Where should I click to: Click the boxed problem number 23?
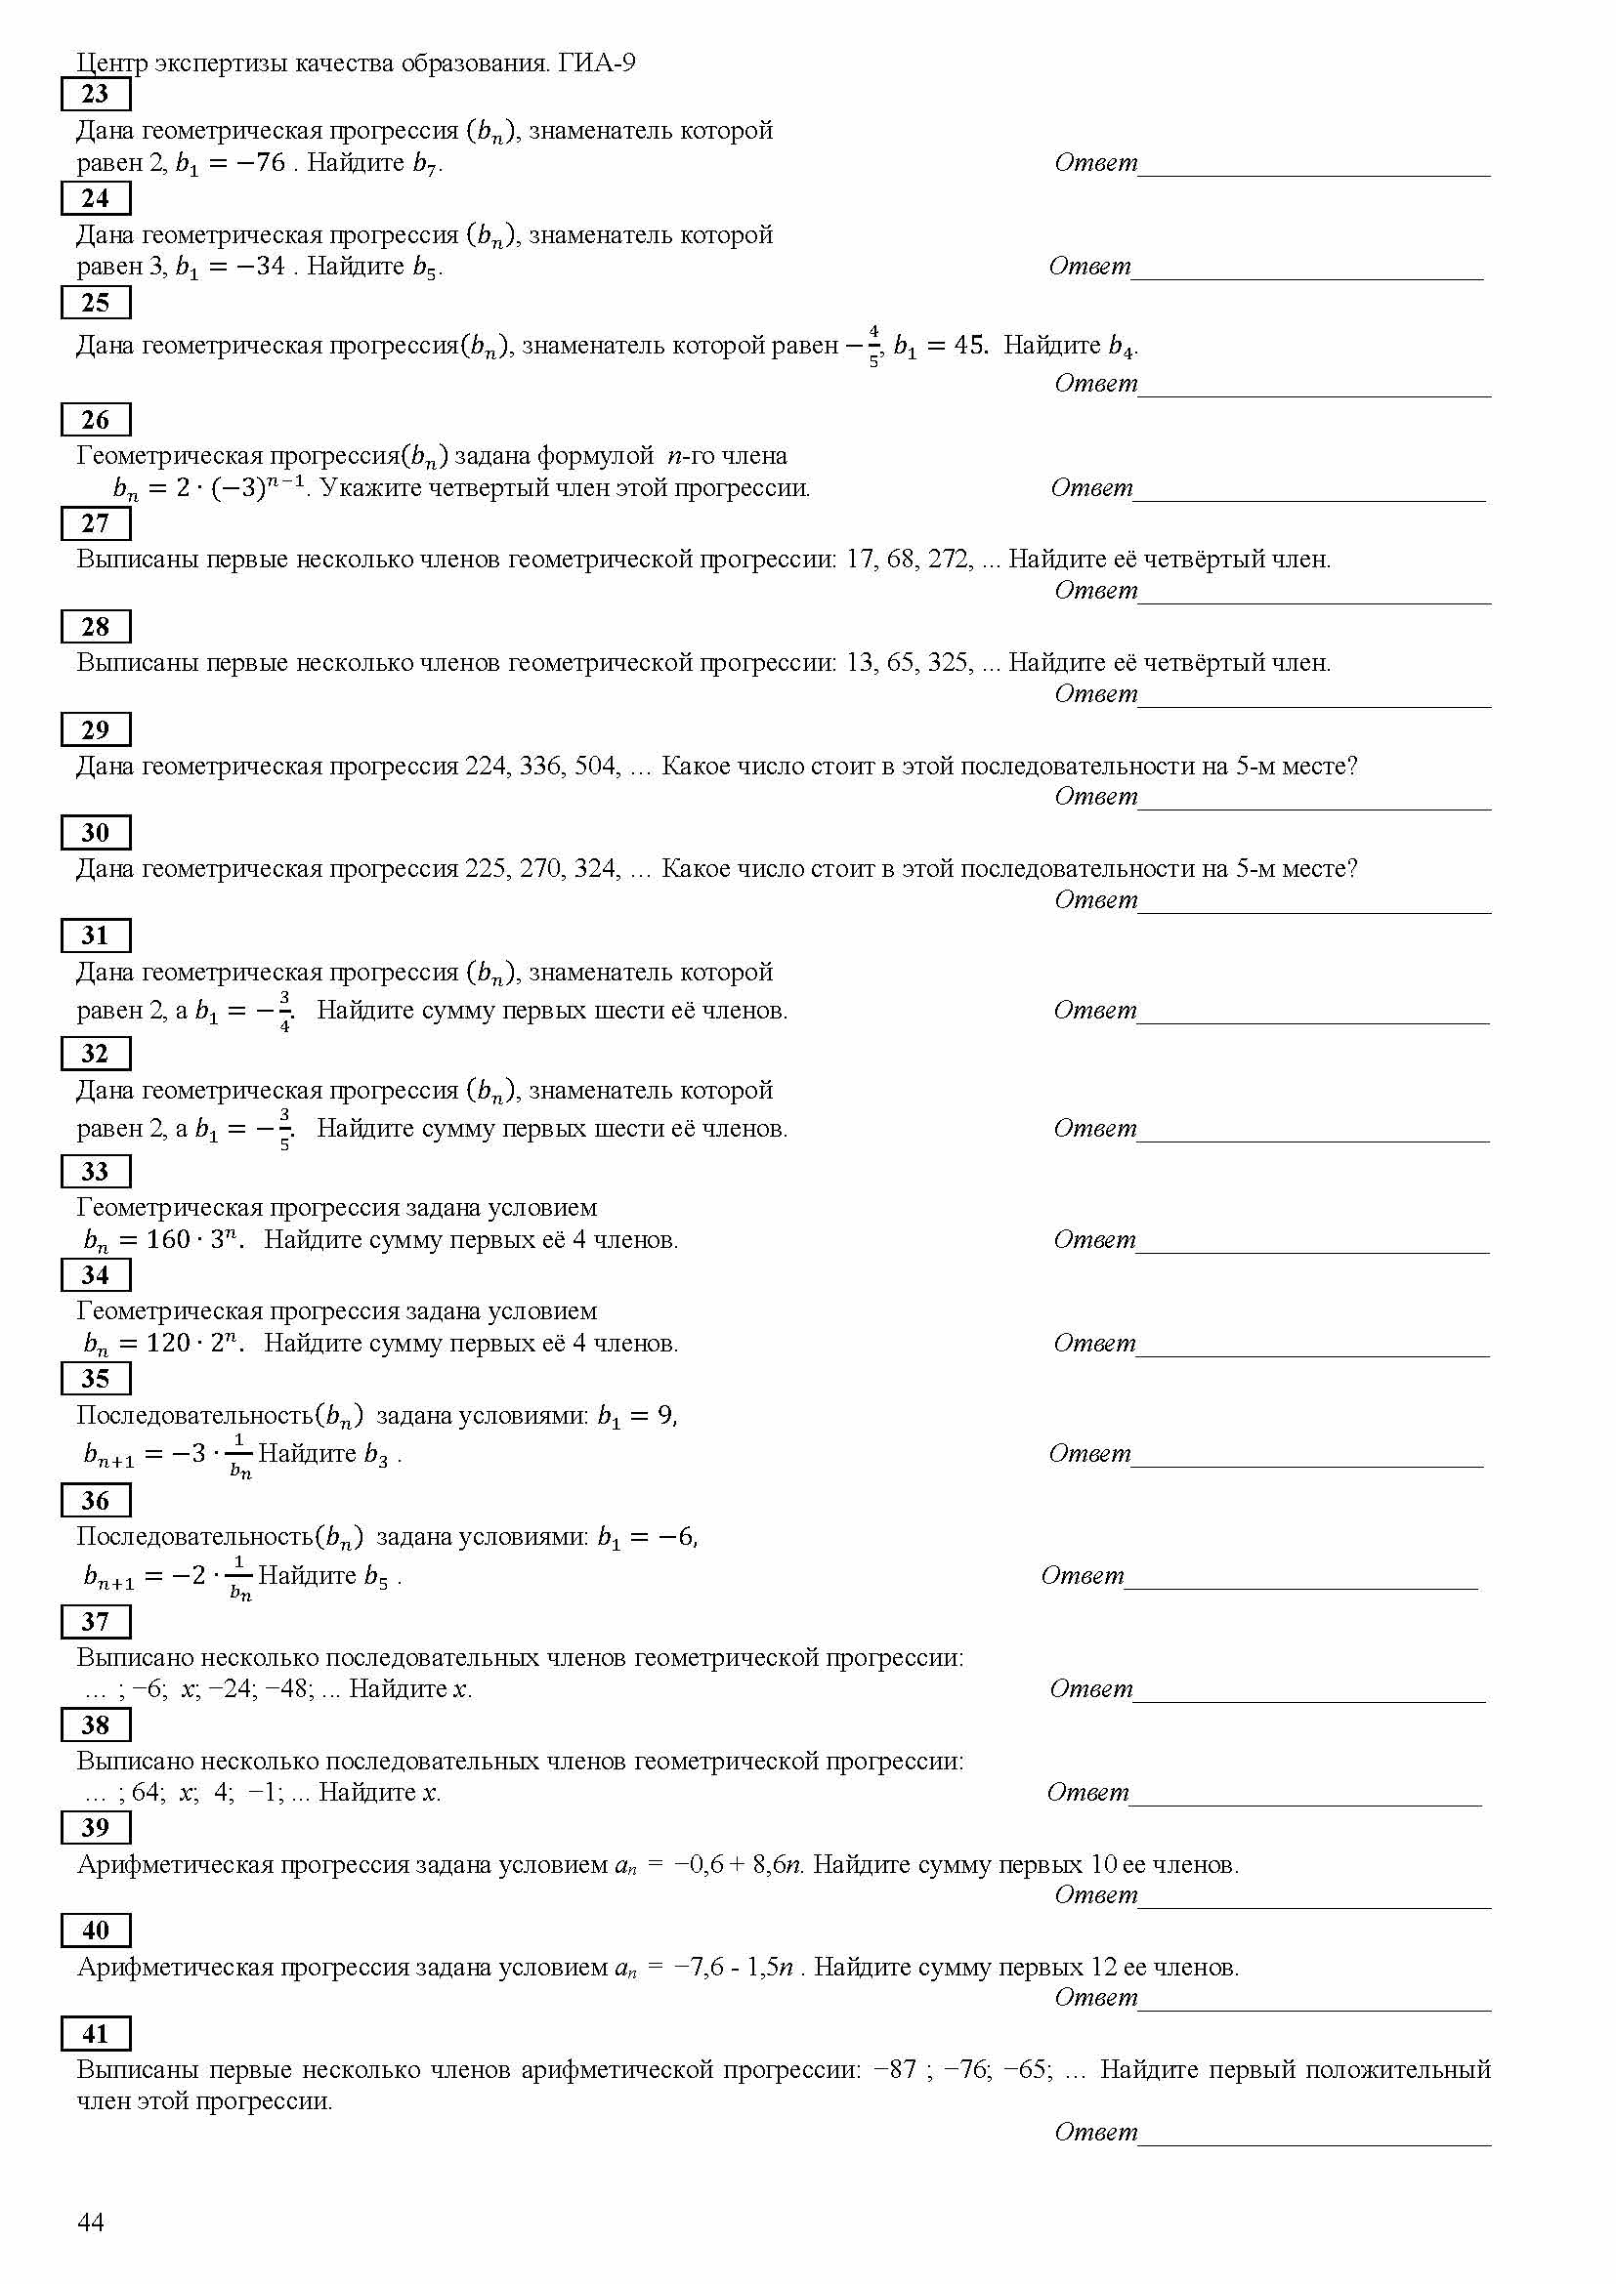pos(96,95)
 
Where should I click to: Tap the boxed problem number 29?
pos(96,730)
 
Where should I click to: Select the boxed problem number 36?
pos(96,1501)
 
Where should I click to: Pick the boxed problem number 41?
pos(96,2034)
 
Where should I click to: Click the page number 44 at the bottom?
pos(91,2223)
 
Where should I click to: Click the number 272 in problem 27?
pos(950,560)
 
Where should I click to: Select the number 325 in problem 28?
pos(950,662)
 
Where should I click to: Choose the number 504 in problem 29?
pos(596,766)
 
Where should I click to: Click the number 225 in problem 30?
pos(487,869)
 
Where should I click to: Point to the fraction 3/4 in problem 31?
pos(284,1011)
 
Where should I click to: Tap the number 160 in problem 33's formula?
pos(167,1239)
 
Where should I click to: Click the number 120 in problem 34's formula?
pos(167,1343)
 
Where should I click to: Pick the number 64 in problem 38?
pos(146,1793)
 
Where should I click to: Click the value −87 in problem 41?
pos(895,2070)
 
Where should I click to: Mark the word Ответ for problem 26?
pos(1091,487)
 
